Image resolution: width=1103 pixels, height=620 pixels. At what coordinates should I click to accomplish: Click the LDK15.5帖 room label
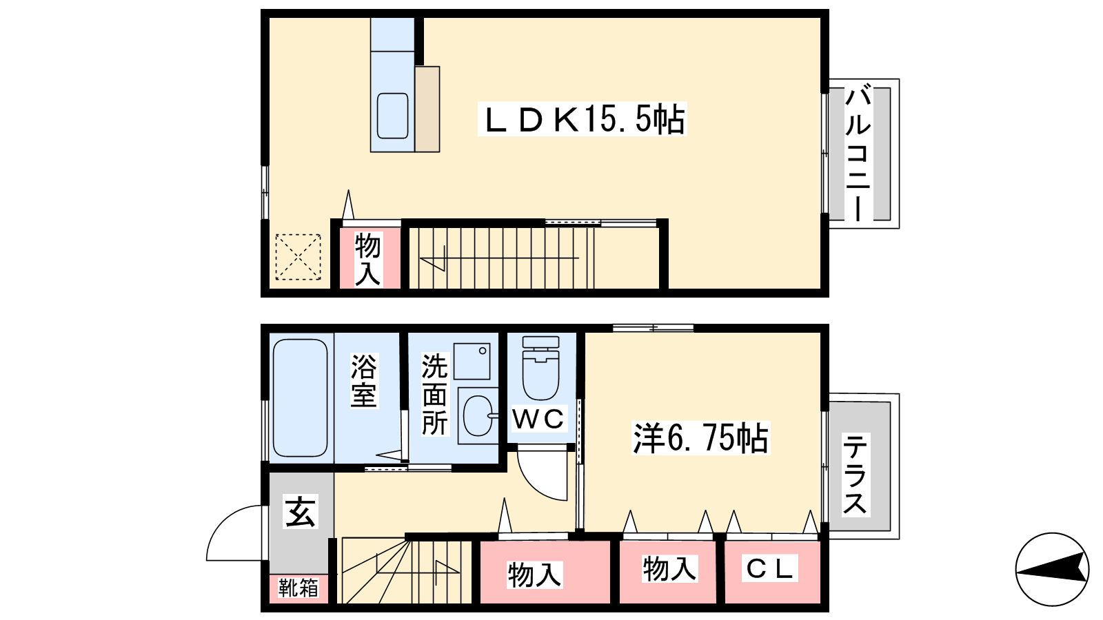pyautogui.click(x=583, y=120)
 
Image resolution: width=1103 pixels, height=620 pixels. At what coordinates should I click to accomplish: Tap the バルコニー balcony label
pyautogui.click(x=858, y=153)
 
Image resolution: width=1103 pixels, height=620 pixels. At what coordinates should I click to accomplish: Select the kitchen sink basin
pyautogui.click(x=393, y=116)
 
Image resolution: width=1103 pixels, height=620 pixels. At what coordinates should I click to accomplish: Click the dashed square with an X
pyautogui.click(x=298, y=257)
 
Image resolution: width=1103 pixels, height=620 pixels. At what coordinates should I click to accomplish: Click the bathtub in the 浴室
pyautogui.click(x=300, y=398)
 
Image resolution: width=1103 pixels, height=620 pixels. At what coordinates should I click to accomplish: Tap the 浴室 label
pyautogui.click(x=363, y=380)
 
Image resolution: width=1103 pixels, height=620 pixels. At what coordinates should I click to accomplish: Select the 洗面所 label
pyautogui.click(x=434, y=394)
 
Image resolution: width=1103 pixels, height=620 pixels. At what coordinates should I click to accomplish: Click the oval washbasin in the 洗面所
pyautogui.click(x=477, y=416)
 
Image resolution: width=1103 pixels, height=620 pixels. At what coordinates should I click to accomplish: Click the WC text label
pyautogui.click(x=538, y=419)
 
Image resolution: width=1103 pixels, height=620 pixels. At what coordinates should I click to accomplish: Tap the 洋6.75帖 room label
pyautogui.click(x=700, y=438)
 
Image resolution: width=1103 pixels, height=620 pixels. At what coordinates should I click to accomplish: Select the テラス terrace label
pyautogui.click(x=855, y=475)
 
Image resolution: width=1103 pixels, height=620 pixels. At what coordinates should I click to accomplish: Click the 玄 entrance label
pyautogui.click(x=301, y=512)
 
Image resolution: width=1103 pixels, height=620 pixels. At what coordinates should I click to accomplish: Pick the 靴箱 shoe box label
pyautogui.click(x=298, y=588)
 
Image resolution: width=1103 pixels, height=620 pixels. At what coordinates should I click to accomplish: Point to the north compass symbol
pyautogui.click(x=1052, y=569)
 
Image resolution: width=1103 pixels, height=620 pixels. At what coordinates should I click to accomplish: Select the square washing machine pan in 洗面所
pyautogui.click(x=472, y=361)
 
